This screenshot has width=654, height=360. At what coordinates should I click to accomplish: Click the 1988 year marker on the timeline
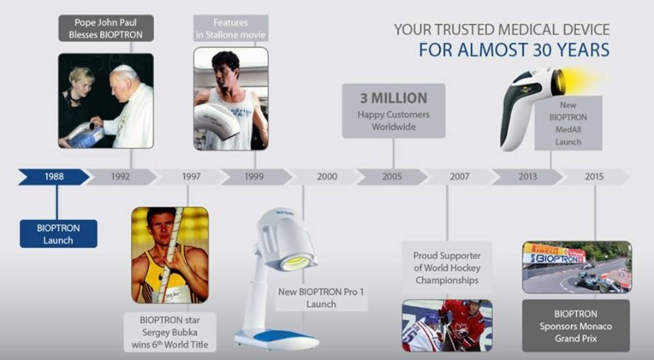(x=53, y=177)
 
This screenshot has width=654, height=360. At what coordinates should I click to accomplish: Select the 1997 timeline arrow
(x=191, y=177)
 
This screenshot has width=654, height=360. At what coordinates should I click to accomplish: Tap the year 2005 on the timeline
(x=392, y=177)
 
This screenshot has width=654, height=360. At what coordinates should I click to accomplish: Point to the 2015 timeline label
(x=594, y=177)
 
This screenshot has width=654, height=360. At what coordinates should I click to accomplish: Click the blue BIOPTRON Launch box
(x=58, y=234)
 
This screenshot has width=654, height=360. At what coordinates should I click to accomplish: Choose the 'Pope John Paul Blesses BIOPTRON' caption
(x=106, y=28)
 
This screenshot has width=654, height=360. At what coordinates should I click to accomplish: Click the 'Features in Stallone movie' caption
(x=231, y=28)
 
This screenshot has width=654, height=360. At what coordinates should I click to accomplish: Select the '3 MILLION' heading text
(x=393, y=98)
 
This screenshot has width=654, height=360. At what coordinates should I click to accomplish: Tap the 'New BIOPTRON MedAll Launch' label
(x=568, y=124)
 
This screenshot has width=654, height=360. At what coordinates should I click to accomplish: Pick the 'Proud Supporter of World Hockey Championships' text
(x=447, y=268)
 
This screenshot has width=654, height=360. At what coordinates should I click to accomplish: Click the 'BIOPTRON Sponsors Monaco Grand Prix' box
(x=576, y=326)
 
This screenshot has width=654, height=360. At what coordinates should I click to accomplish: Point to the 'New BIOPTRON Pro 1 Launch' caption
(x=321, y=298)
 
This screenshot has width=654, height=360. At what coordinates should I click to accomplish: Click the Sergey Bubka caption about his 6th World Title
(x=170, y=332)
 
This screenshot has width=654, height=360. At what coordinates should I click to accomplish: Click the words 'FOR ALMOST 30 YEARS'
(x=514, y=50)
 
